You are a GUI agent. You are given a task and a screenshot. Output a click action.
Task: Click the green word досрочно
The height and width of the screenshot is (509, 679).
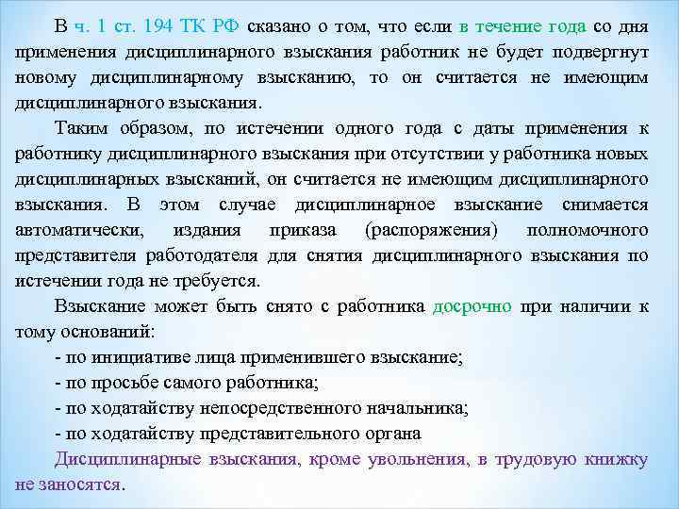pos(472,306)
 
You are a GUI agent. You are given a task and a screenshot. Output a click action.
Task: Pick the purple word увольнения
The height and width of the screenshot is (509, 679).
pos(410,459)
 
